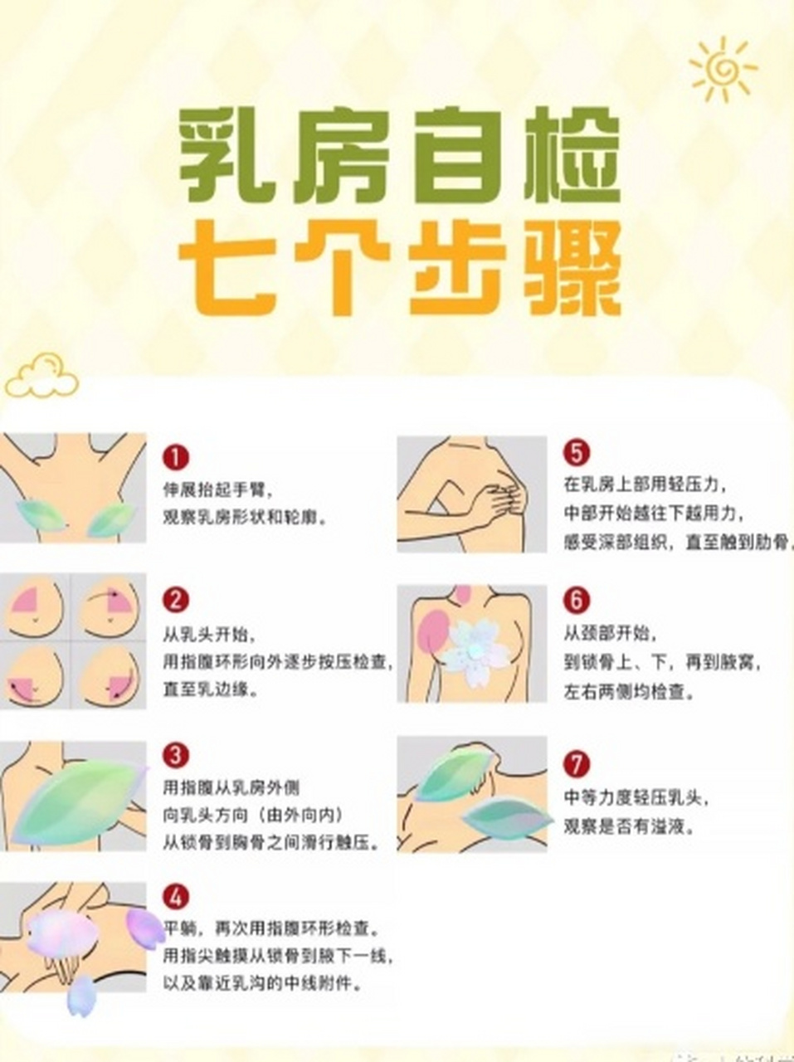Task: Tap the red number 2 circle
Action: [176, 600]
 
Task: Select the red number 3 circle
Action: [176, 755]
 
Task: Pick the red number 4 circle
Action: [176, 897]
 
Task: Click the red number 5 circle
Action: [576, 453]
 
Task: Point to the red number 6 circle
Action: [576, 600]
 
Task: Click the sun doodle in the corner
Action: [721, 69]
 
